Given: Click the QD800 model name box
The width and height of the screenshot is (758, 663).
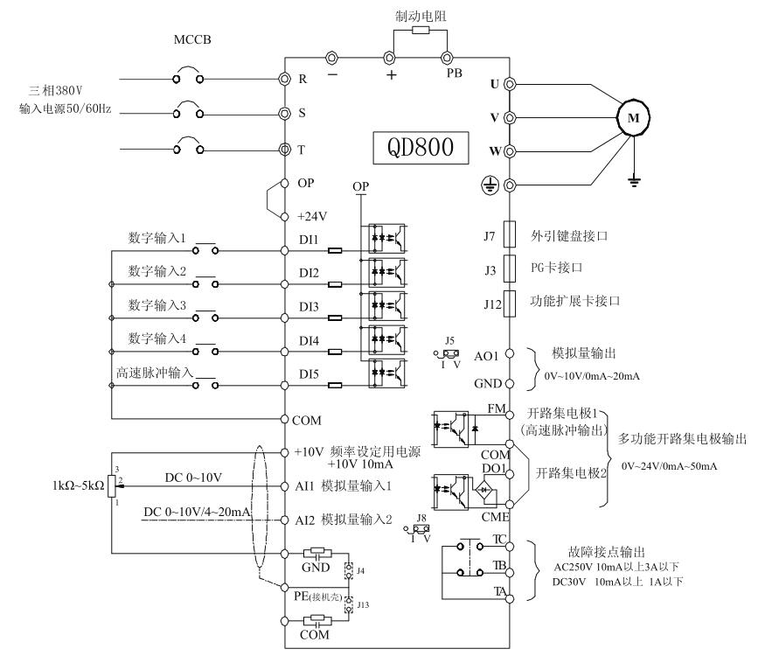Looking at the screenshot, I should click(421, 147).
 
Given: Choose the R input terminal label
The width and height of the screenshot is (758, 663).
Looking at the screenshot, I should click(303, 79).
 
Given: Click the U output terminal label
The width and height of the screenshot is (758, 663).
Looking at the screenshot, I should click(494, 84).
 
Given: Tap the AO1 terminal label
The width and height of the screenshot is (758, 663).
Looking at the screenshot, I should click(486, 357).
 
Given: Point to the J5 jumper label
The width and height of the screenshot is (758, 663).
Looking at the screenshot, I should click(449, 340).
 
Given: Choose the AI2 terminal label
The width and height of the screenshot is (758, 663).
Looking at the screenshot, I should click(305, 520).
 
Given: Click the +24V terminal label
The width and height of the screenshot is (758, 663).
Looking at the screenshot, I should click(313, 216).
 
